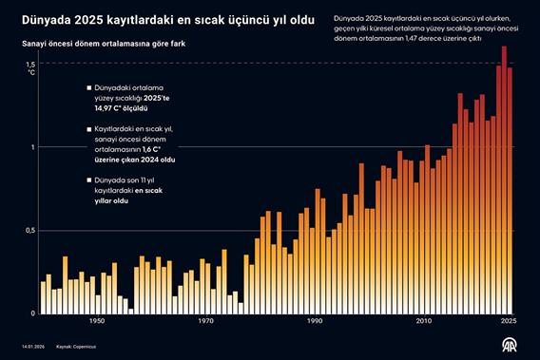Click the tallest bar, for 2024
click(504, 180)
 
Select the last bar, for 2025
click(510, 190)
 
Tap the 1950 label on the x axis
click(97, 321)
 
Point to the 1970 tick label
click(206, 321)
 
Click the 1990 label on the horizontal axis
click(315, 321)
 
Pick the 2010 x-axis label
click(423, 321)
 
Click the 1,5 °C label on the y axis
click(30, 66)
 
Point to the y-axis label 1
click(33, 146)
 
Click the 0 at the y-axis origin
click(32, 313)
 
